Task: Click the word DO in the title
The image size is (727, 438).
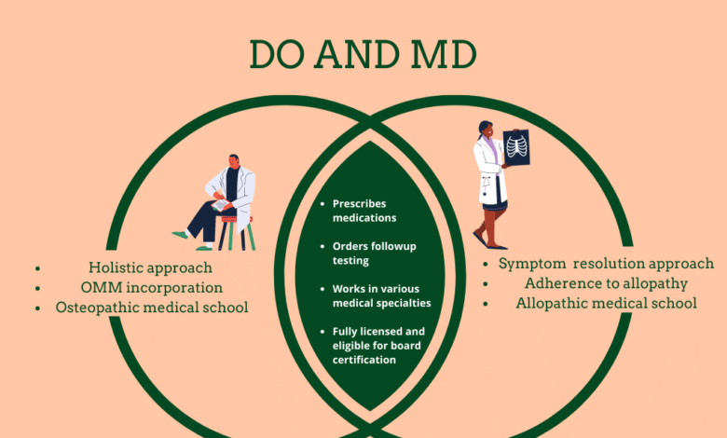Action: click(x=277, y=55)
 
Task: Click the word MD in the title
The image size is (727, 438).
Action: click(x=444, y=55)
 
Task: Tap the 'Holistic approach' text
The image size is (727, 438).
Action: click(x=150, y=267)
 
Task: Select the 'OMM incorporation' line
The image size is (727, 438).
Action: click(x=152, y=288)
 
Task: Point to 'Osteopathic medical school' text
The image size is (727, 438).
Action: click(x=152, y=308)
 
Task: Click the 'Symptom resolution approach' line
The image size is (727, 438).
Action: click(x=606, y=264)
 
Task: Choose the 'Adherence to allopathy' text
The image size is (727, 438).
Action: click(x=606, y=283)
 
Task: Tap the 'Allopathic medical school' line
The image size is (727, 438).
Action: click(x=606, y=303)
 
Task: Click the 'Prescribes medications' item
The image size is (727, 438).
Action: click(x=364, y=211)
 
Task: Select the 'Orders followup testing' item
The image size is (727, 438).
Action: click(x=374, y=253)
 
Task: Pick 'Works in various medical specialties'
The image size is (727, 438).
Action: click(x=381, y=295)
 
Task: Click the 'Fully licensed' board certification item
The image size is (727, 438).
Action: click(x=378, y=346)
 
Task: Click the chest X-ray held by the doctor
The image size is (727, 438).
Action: click(x=516, y=148)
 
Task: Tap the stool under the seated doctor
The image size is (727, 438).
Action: click(x=237, y=233)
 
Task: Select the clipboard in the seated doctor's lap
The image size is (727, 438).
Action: click(x=220, y=204)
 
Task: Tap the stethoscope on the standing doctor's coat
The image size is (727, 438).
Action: click(x=486, y=185)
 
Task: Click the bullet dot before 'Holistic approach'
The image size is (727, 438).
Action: click(x=37, y=268)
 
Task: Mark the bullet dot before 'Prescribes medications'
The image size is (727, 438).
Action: click(x=322, y=203)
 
